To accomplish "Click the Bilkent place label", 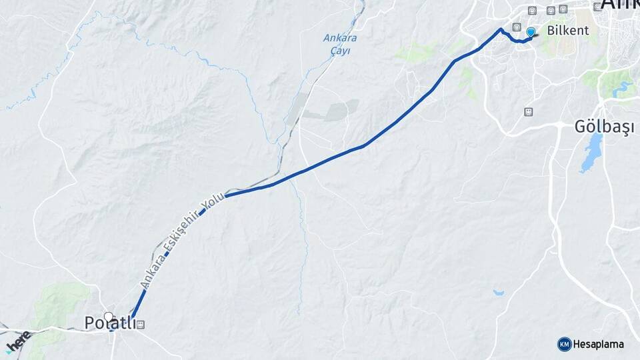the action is (x=567, y=31).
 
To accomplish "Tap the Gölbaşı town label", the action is (x=601, y=126).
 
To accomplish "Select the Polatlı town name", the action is (x=110, y=323).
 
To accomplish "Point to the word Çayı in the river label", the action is (x=340, y=49).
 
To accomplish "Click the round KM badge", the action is (x=564, y=344).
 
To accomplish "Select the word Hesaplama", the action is (x=598, y=344).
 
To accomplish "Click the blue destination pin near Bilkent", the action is (x=531, y=32).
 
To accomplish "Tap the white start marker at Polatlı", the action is (x=108, y=316).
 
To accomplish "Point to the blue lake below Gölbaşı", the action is (x=591, y=154).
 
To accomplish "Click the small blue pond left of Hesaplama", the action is (x=499, y=292).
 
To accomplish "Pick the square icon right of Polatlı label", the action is (x=141, y=325).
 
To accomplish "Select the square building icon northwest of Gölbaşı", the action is (x=529, y=111).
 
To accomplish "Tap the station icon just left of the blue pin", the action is (x=517, y=27).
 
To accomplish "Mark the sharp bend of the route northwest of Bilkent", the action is (x=501, y=29).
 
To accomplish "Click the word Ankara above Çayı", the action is (x=340, y=38).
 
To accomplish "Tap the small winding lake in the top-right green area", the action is (x=623, y=87).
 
